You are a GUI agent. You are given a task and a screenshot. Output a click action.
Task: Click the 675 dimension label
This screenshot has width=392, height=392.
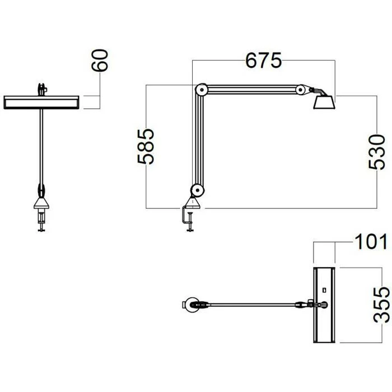click(x=263, y=60)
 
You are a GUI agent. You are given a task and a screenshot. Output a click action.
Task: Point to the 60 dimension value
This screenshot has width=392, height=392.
click(x=100, y=60)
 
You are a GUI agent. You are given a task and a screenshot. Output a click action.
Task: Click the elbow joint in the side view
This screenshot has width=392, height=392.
click(x=200, y=90)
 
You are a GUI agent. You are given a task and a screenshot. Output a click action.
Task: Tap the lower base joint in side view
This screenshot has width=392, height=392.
click(x=194, y=190)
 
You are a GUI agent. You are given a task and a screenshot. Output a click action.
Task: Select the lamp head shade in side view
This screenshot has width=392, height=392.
click(x=323, y=103)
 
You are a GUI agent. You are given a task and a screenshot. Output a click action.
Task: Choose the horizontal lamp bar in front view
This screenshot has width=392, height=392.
click(x=43, y=101)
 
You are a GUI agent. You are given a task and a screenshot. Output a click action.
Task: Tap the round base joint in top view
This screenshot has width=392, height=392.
click(x=191, y=305)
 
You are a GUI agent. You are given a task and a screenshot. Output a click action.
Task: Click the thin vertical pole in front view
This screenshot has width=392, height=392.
click(x=42, y=146)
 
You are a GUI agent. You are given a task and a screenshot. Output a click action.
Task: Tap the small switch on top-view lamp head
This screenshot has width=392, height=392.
click(x=324, y=290)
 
